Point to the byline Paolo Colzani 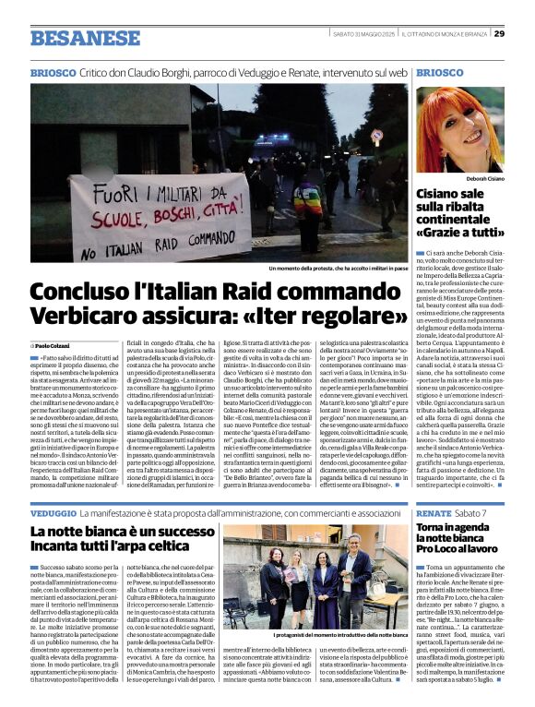click(56, 344)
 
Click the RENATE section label click(434, 512)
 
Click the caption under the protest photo click(337, 269)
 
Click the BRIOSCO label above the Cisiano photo click(440, 72)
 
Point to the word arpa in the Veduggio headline click(126, 548)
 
